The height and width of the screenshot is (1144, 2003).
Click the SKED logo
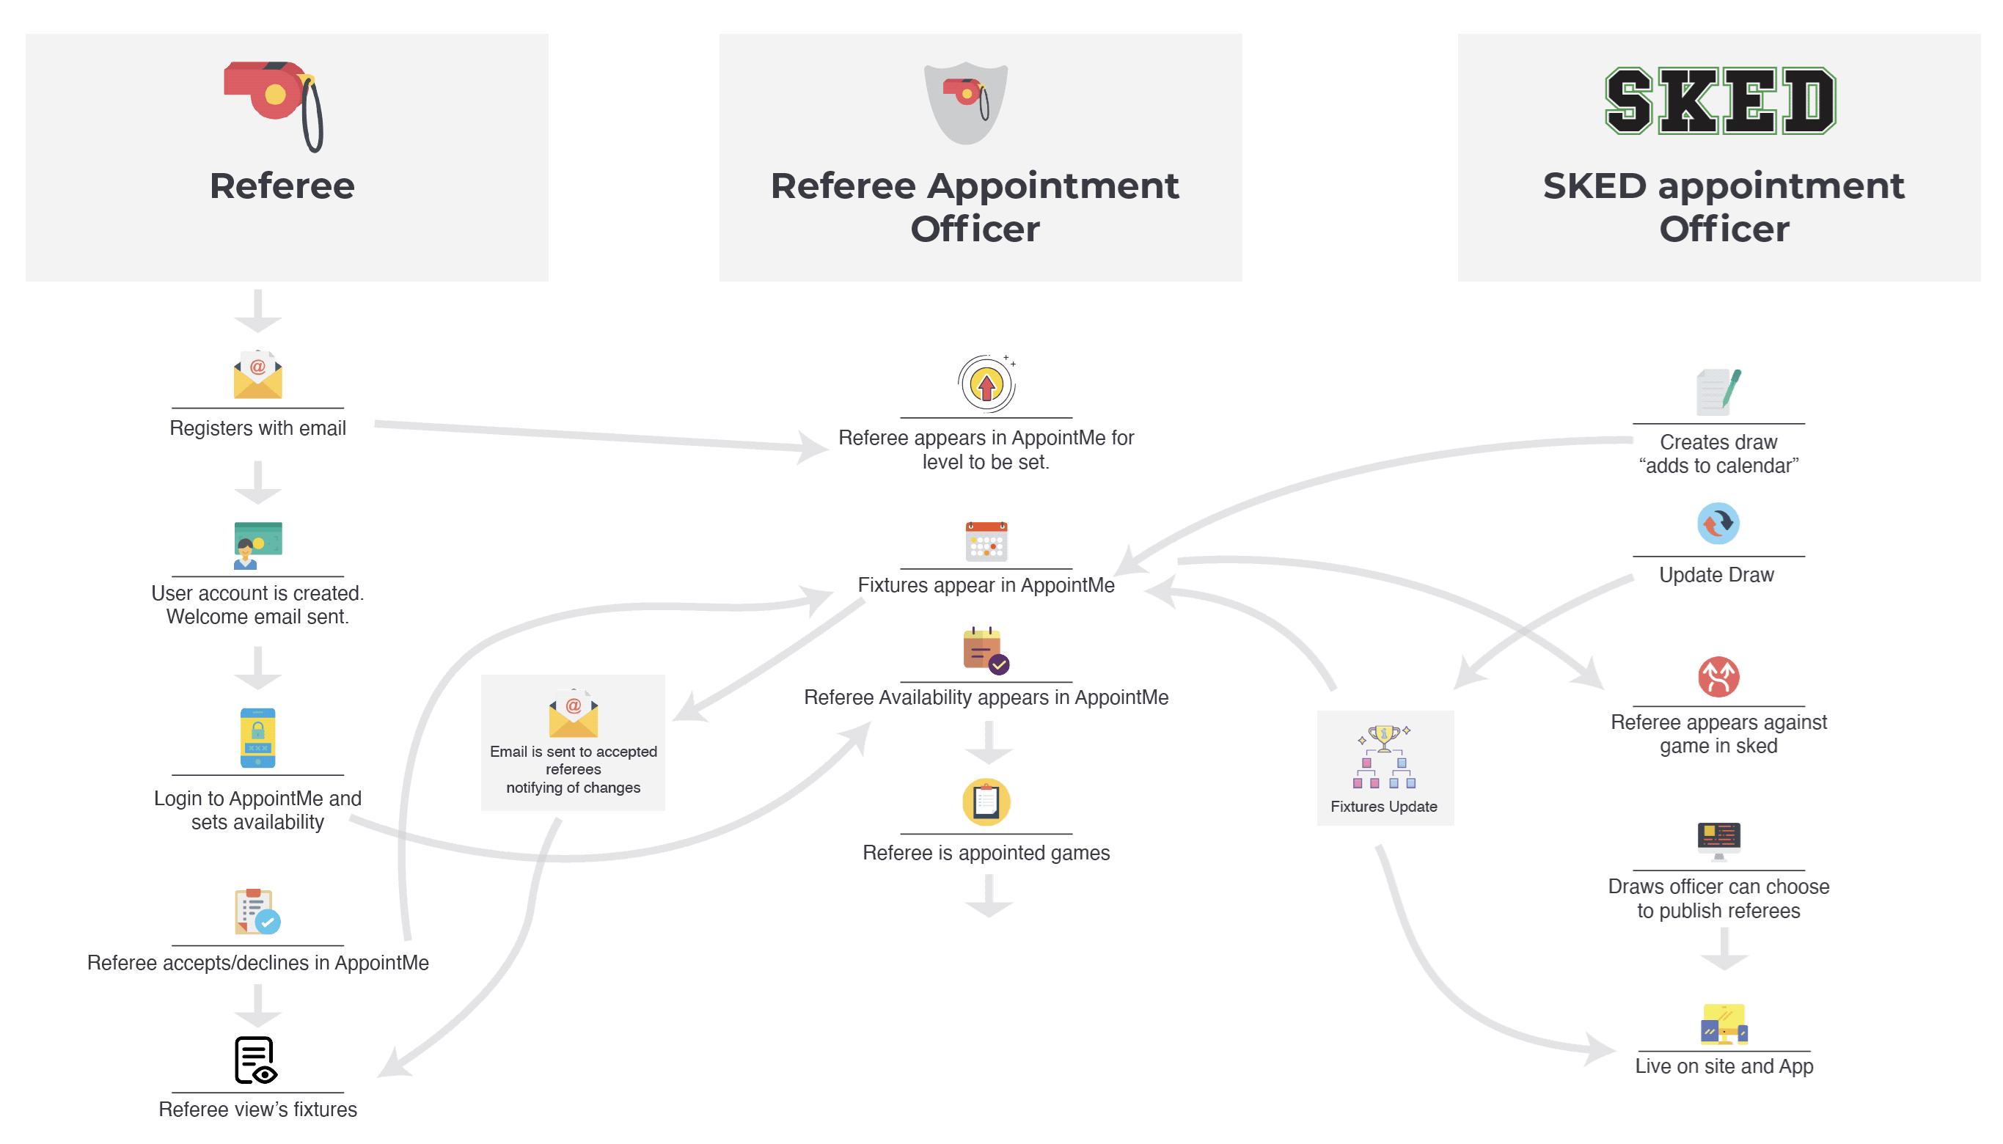point(1719,100)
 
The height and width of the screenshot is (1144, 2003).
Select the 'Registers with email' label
point(257,428)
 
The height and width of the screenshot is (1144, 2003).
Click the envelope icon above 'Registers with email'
point(257,375)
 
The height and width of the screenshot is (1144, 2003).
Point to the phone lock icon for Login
point(257,738)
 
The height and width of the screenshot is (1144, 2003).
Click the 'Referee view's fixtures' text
point(257,1110)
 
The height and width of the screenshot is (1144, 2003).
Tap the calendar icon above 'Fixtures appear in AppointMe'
point(986,541)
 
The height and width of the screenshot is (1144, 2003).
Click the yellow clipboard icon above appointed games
point(986,802)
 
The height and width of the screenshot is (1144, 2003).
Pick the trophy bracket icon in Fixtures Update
point(1384,758)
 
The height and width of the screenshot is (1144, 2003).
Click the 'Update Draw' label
point(1717,575)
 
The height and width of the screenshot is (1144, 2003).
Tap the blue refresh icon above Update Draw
point(1718,524)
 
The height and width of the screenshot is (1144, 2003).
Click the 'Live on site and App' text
point(1724,1066)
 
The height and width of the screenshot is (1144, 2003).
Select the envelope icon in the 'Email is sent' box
point(573,714)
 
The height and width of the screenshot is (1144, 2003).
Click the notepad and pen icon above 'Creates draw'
point(1718,392)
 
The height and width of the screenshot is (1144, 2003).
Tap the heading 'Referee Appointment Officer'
point(975,207)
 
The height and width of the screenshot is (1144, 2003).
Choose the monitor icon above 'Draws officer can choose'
point(1718,842)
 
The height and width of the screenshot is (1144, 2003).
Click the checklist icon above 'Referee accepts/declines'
point(257,912)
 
